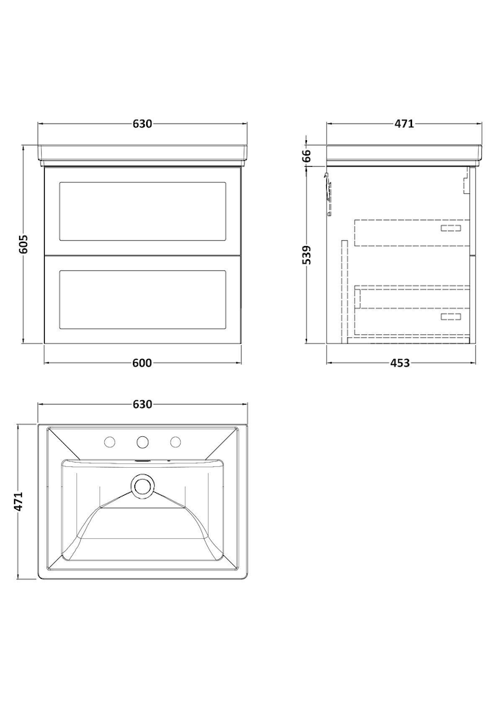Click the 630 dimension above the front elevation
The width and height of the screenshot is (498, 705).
click(142, 123)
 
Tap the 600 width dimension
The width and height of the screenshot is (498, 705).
click(142, 363)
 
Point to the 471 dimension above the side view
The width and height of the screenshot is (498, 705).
click(404, 123)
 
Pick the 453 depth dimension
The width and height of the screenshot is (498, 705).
click(400, 363)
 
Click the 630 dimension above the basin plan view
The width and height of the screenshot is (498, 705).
click(142, 405)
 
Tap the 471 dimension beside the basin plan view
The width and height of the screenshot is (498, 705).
click(18, 502)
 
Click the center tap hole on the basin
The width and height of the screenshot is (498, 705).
click(142, 442)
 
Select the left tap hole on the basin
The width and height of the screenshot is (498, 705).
click(109, 442)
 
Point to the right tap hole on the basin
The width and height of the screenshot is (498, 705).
click(176, 442)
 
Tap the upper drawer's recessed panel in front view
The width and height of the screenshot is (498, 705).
click(142, 211)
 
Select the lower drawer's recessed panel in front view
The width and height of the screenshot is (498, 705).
click(142, 299)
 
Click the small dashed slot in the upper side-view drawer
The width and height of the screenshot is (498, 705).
click(451, 228)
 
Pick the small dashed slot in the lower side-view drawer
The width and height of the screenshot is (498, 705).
click(451, 317)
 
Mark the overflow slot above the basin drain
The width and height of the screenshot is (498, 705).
click(142, 460)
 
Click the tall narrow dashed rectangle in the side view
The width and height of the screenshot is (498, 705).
click(345, 292)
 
